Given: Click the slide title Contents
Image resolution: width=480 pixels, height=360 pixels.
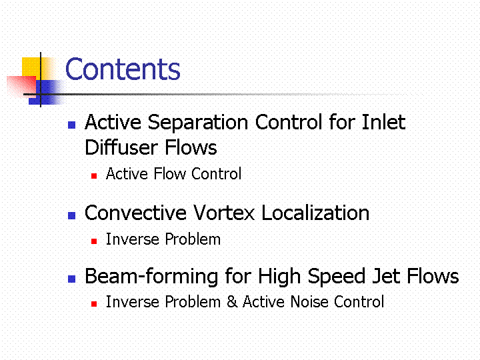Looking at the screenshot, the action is point(123,69).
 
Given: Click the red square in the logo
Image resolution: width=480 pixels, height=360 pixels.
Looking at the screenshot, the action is point(21,86).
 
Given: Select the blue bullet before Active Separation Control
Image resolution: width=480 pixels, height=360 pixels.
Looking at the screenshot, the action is point(71,125).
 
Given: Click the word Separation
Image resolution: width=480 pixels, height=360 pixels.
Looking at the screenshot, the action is point(198,123).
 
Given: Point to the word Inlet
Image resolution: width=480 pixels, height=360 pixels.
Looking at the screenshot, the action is point(383,122).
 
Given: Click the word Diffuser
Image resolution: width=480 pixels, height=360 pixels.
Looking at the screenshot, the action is point(121,147).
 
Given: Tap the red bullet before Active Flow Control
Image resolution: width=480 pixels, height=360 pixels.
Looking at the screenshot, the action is point(94,176).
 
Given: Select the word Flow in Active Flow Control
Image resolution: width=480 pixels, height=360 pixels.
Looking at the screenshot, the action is point(169,173).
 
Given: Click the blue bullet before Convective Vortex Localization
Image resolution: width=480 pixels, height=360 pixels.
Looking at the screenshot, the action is point(71,215).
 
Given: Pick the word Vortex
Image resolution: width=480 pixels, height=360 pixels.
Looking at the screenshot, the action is point(224,213).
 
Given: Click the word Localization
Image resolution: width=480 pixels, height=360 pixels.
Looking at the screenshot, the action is point(315,213).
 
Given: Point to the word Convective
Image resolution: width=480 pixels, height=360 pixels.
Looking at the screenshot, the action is point(135,213).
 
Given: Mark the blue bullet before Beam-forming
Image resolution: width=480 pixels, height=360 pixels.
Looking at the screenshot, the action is point(71,279).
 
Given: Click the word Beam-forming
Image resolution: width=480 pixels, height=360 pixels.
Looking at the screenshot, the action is point(152,277).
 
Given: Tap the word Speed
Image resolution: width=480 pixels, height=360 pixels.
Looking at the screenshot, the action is point(336,277).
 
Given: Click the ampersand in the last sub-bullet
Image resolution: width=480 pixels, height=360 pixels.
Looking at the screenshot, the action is point(232,301).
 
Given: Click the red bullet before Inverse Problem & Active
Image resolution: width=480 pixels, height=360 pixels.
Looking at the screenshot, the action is point(94,304).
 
